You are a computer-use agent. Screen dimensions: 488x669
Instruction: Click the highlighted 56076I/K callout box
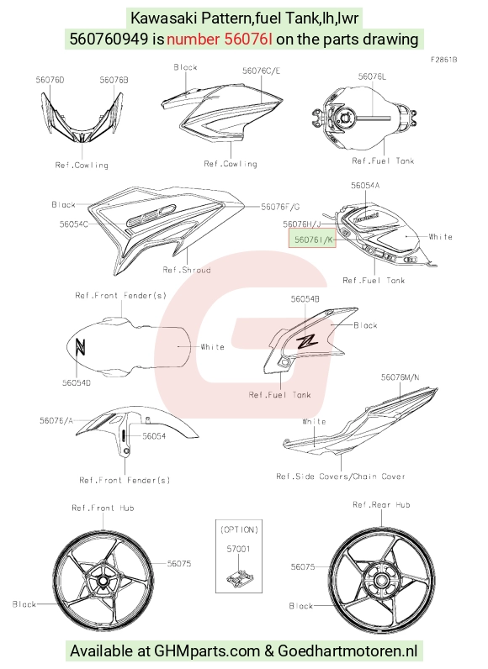pyautogui.click(x=313, y=239)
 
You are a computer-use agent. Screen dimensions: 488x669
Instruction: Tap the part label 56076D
pyautogui.click(x=50, y=80)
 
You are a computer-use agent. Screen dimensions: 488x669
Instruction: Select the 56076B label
pyautogui.click(x=114, y=80)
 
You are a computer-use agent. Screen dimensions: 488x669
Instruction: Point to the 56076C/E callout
pyautogui.click(x=262, y=71)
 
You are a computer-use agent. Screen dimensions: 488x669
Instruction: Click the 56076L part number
pyautogui.click(x=372, y=76)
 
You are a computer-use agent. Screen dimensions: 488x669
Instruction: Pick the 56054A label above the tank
pyautogui.click(x=365, y=185)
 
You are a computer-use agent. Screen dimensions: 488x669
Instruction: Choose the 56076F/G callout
pyautogui.click(x=280, y=207)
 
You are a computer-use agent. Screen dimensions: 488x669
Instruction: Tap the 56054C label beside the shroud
pyautogui.click(x=74, y=224)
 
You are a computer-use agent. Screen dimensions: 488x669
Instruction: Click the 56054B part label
pyautogui.click(x=305, y=299)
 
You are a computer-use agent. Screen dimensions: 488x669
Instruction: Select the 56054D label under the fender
pyautogui.click(x=77, y=382)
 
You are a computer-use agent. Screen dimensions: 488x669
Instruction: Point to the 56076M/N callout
pyautogui.click(x=400, y=377)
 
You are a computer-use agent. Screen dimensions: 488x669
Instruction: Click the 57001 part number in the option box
pyautogui.click(x=238, y=549)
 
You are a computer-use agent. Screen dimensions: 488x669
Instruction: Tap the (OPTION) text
pyautogui.click(x=239, y=529)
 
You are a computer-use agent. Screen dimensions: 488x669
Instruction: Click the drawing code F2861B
pyautogui.click(x=443, y=60)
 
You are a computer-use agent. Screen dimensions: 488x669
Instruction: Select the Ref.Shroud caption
pyautogui.click(x=187, y=270)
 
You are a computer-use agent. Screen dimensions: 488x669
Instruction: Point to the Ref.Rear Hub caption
pyautogui.click(x=381, y=505)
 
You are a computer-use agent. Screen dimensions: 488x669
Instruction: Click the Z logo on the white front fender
pyautogui.click(x=80, y=346)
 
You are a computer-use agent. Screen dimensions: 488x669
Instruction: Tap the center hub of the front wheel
pyautogui.click(x=103, y=581)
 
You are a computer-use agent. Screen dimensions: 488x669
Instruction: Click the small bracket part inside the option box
pyautogui.click(x=240, y=577)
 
